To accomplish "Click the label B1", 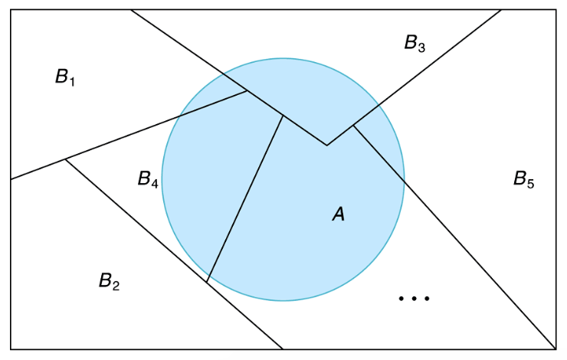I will [x=65, y=77].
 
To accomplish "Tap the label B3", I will [x=415, y=43].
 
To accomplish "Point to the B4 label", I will [x=148, y=180].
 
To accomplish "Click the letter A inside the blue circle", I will [x=338, y=216].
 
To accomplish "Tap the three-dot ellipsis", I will [x=415, y=297].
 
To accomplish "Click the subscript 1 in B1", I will [x=72, y=81].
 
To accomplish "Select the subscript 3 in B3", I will [x=421, y=47].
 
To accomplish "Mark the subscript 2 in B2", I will [x=116, y=286].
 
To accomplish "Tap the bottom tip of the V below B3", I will [x=327, y=145].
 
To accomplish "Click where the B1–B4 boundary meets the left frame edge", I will [x=11, y=179].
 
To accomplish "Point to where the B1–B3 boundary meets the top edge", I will [x=131, y=10].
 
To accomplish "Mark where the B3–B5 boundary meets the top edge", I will [x=502, y=10].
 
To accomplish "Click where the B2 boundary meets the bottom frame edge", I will [x=283, y=349].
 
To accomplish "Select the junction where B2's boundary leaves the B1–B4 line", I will [x=65, y=159].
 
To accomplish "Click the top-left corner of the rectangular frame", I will [x=11, y=10].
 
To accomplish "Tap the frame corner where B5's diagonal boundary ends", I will [x=556, y=349].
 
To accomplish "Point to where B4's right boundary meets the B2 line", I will [x=207, y=281].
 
